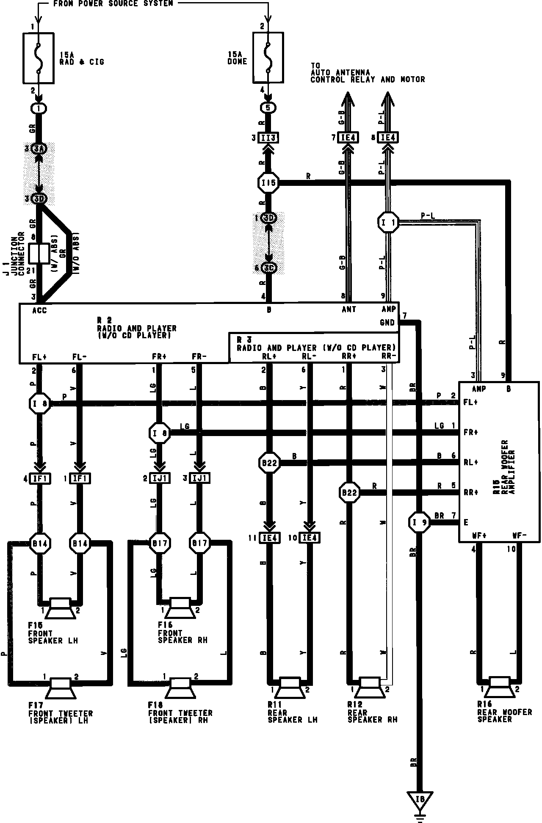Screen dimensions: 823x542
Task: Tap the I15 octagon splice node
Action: pos(268,183)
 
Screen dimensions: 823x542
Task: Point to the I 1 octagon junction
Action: pos(388,222)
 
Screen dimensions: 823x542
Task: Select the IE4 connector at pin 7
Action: pos(348,138)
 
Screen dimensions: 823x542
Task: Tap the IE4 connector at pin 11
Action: pos(269,538)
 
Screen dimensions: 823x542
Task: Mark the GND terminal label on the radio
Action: pos(387,323)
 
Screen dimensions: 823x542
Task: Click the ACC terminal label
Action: pos(39,310)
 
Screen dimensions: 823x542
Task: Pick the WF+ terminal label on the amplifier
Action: pos(479,536)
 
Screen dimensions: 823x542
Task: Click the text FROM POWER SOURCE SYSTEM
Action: pos(113,4)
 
